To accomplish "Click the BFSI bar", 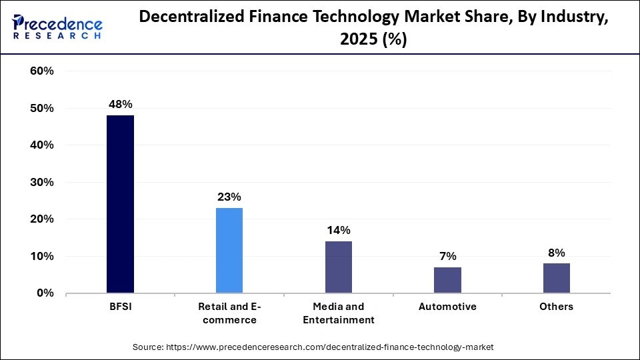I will point(120,204).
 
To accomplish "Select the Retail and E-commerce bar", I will point(229,250).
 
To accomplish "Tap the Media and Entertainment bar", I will point(339,267).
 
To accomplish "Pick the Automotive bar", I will point(447,280).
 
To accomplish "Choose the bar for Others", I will point(557,278).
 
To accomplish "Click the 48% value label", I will point(121,105).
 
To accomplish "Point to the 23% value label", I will point(229,197).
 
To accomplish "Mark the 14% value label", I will point(339,230).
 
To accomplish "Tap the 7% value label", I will point(447,256).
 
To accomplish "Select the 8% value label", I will point(557,253).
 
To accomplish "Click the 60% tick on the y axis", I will point(41,71).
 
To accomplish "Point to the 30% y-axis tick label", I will point(41,182).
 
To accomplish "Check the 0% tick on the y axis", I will point(44,293).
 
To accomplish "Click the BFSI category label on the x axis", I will point(120,307).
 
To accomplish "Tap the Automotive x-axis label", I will point(447,307).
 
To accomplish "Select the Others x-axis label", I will point(557,307).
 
